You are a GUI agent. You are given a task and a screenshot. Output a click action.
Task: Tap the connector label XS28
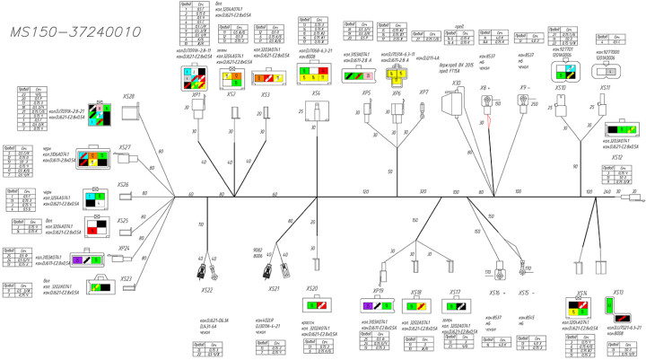pyautogui.click(x=128, y=95)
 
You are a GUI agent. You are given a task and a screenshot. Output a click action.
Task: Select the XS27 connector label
pyautogui.click(x=125, y=147)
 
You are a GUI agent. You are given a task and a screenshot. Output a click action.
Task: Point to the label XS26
pyautogui.click(x=123, y=185)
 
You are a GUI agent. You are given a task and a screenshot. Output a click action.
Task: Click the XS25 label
pyautogui.click(x=124, y=220)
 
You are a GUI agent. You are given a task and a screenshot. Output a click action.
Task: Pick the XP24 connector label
pyautogui.click(x=124, y=248)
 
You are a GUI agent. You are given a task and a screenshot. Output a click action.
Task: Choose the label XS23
pyautogui.click(x=125, y=279)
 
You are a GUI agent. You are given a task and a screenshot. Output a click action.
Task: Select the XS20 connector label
pyautogui.click(x=312, y=288)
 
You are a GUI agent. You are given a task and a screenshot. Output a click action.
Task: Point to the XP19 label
pyautogui.click(x=379, y=292)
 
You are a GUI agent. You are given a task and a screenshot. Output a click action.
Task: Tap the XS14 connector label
pyautogui.click(x=581, y=293)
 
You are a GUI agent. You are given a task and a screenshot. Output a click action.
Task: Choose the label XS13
pyautogui.click(x=616, y=293)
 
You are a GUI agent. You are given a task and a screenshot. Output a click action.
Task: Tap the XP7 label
pyautogui.click(x=423, y=92)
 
